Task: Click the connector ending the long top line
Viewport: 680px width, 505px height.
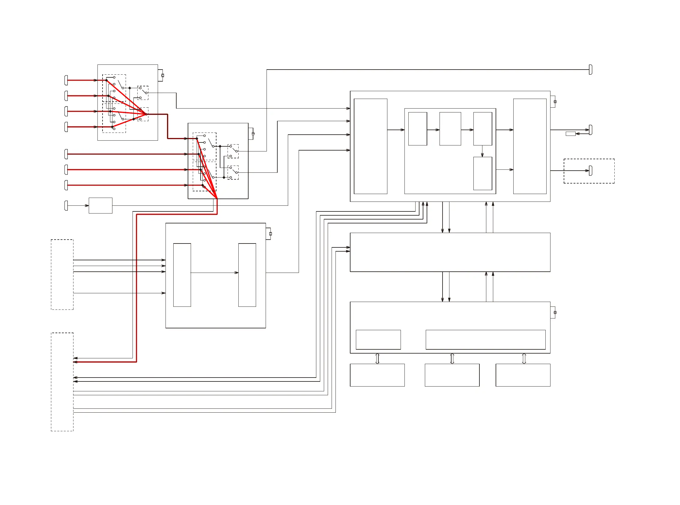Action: (590, 70)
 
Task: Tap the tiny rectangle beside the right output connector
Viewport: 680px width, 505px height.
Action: (570, 133)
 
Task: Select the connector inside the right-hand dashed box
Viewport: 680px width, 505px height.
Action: (590, 171)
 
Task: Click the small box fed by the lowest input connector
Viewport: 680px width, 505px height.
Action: (100, 205)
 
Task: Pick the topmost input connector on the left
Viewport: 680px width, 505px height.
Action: (66, 80)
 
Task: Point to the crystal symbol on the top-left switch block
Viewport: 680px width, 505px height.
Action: (163, 75)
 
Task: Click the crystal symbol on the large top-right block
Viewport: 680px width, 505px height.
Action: (555, 101)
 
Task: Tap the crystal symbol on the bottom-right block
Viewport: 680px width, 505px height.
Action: (555, 312)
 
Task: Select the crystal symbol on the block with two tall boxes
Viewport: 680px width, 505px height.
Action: (270, 234)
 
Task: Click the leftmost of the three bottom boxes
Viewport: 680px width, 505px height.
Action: (377, 375)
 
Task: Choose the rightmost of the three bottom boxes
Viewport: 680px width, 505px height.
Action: (523, 375)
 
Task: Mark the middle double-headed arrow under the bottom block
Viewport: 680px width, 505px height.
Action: (452, 359)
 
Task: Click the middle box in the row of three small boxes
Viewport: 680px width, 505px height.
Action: (450, 129)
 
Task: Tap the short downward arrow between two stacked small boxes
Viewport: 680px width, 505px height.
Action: (482, 151)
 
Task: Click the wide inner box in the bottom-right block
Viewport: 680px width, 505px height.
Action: (485, 340)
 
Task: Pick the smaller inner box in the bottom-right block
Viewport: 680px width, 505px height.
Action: (378, 340)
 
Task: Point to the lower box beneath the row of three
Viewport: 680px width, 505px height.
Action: (483, 173)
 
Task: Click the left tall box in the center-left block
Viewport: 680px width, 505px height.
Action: (182, 275)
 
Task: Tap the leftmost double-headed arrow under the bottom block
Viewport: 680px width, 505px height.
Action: (377, 359)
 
